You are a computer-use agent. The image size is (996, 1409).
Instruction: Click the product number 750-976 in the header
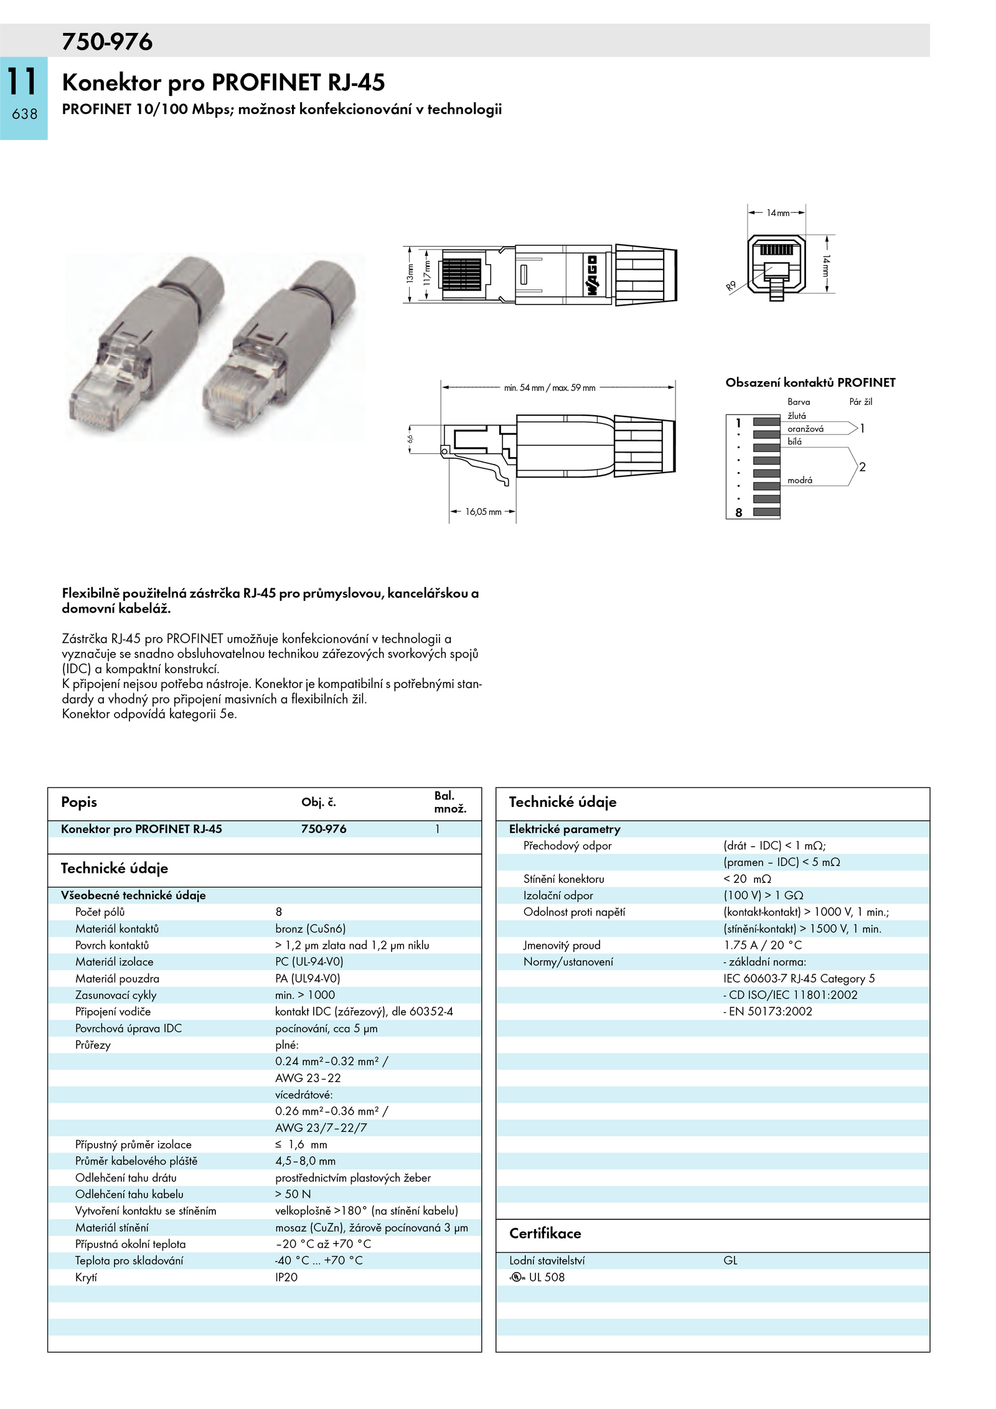(107, 42)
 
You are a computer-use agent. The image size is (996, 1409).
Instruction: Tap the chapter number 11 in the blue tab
(22, 81)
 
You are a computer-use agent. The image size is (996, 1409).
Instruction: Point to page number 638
(24, 114)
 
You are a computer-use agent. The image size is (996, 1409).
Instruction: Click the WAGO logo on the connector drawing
(591, 275)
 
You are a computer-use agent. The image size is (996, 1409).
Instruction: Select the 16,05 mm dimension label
(483, 512)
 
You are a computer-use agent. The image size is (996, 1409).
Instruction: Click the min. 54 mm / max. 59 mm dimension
(550, 388)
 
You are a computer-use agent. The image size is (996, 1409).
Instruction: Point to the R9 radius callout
(731, 286)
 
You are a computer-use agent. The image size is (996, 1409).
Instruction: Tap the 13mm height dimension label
(410, 274)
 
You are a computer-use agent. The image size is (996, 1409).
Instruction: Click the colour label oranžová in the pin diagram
(805, 429)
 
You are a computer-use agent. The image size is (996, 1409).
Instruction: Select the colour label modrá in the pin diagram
(799, 480)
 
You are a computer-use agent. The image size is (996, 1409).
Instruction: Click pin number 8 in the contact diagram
(738, 512)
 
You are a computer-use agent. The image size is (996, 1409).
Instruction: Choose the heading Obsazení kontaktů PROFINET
(810, 382)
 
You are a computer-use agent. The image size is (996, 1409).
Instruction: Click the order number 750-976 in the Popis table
(324, 829)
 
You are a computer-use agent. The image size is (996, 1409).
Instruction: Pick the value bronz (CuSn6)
(310, 928)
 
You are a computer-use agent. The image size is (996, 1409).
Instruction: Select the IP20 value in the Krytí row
(286, 1277)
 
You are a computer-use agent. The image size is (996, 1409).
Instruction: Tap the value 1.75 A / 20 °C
(763, 945)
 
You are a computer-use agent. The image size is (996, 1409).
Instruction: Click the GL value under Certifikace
(730, 1260)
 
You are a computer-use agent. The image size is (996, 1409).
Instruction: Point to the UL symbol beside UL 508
(517, 1277)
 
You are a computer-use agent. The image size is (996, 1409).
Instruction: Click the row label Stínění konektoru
(563, 879)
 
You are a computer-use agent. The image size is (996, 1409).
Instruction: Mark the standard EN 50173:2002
(768, 1011)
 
